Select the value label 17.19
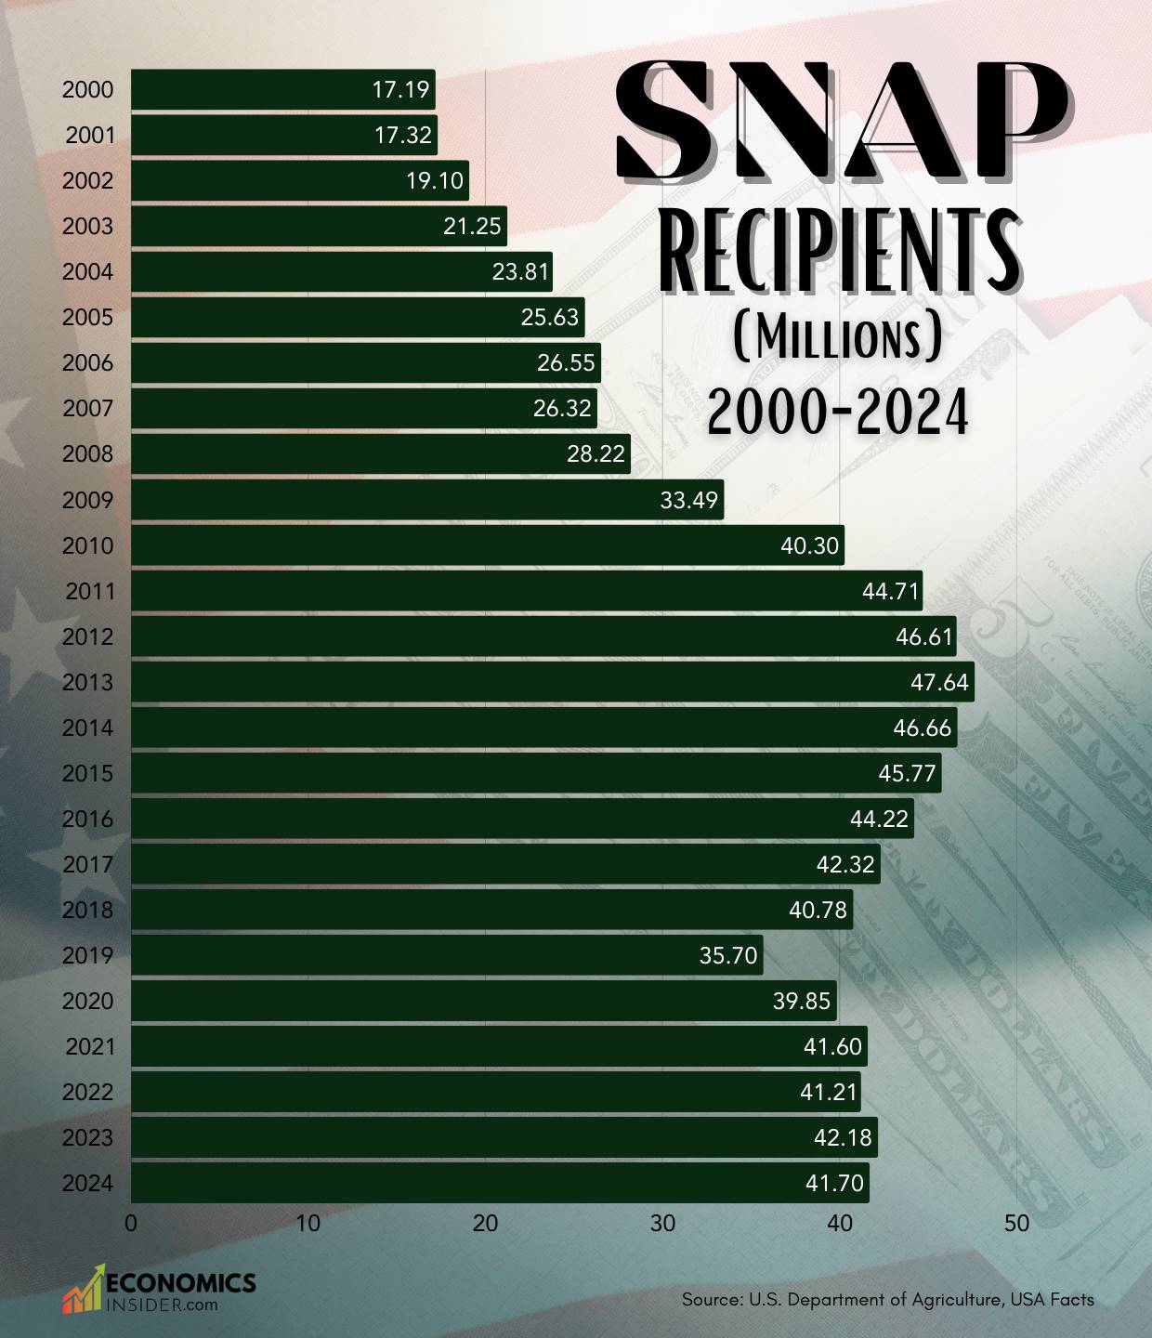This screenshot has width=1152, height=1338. [x=400, y=89]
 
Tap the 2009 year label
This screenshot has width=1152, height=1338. [x=87, y=500]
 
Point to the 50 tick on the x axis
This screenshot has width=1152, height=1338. [x=1016, y=1223]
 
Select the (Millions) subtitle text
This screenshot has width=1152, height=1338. [x=838, y=337]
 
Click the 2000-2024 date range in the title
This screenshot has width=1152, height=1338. [x=838, y=411]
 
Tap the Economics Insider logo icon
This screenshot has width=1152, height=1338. [x=83, y=1289]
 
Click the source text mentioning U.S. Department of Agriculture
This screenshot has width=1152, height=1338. [x=887, y=1299]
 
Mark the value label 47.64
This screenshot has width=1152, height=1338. [x=939, y=682]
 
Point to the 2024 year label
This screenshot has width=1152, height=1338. [x=87, y=1183]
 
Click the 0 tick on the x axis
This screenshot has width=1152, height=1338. [x=131, y=1223]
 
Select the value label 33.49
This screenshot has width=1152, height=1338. [x=688, y=500]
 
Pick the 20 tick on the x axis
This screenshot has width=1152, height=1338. [x=485, y=1223]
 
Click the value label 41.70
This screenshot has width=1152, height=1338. [x=834, y=1183]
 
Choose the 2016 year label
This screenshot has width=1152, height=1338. [x=87, y=819]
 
